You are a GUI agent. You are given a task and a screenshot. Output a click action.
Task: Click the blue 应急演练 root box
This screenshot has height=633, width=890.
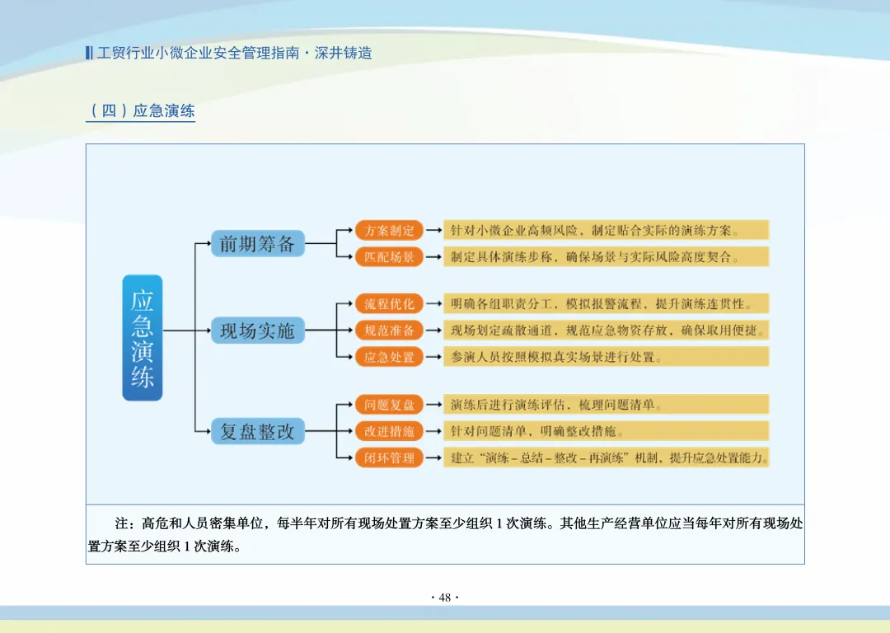coord(143,338)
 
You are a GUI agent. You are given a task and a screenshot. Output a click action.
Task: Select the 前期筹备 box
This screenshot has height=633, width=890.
coord(257,243)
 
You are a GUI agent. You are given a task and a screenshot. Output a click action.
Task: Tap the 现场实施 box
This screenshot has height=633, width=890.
coord(257,331)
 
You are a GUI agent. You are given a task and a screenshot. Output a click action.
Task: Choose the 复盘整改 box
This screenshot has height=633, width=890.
coord(257,430)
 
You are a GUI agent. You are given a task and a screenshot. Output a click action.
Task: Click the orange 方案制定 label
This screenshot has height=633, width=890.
coord(389,230)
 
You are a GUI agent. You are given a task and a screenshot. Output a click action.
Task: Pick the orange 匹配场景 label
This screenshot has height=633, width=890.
coord(389,256)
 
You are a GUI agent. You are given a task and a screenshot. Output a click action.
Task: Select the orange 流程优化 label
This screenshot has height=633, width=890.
coord(389,303)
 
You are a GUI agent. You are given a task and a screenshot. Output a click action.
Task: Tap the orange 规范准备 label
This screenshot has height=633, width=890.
coord(389,331)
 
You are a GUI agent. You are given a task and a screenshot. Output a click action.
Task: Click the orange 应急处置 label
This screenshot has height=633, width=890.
coord(389,357)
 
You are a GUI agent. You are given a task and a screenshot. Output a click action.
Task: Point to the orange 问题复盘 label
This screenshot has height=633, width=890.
coord(389,405)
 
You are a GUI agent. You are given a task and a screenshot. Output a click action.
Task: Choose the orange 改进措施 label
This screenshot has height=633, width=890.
coord(389,431)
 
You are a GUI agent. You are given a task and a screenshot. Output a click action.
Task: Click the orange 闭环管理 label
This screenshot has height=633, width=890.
coord(389,457)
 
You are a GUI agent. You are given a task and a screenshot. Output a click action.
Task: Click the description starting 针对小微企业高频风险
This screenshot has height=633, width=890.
coord(606,230)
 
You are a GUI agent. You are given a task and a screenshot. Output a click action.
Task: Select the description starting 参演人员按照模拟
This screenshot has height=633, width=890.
coord(606,357)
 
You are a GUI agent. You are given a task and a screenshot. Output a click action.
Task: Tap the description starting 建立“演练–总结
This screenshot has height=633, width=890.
coord(606,457)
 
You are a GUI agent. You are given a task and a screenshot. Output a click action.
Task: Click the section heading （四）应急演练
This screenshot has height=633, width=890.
coord(141,110)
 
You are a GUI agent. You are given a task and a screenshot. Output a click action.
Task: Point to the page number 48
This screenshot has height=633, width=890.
coord(445,598)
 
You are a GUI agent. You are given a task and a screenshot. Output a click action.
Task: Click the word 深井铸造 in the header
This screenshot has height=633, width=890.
coord(344,53)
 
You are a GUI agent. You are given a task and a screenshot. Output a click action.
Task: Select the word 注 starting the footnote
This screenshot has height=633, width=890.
coord(122,523)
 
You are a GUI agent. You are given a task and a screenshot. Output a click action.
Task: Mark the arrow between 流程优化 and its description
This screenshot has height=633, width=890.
coord(433,303)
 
